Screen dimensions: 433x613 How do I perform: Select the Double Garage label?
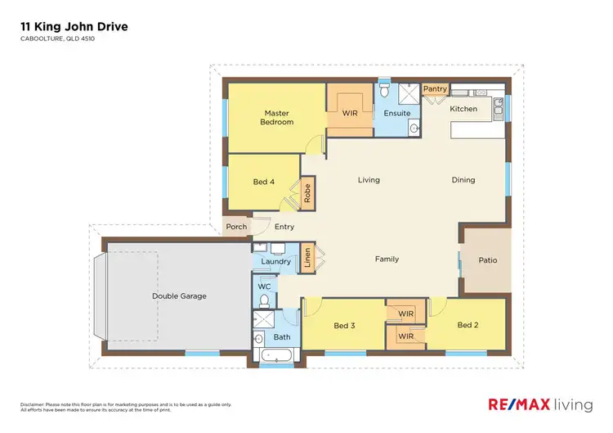[x=179, y=296]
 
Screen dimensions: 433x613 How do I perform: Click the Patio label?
[x=488, y=261]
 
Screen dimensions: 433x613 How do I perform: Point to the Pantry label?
[x=434, y=89]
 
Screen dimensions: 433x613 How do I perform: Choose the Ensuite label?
[x=396, y=113]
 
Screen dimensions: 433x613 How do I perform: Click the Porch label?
[x=236, y=227]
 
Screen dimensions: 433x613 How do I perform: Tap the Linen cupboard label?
[x=307, y=256]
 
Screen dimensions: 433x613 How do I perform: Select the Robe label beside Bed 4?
[x=307, y=193]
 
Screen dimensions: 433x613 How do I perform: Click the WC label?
[x=264, y=286]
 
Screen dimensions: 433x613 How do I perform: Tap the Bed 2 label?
[x=467, y=325]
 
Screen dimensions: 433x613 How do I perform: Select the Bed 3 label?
[x=344, y=326]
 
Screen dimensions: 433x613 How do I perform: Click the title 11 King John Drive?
[x=74, y=27]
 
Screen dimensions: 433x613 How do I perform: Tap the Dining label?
[x=463, y=180]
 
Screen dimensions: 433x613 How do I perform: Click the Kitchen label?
[x=463, y=109]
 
